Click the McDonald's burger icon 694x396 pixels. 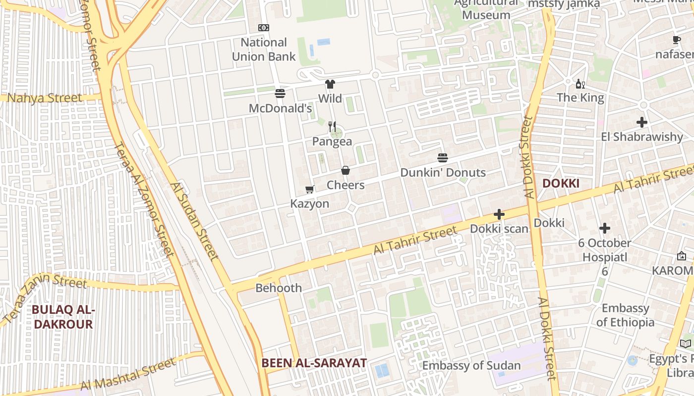280,94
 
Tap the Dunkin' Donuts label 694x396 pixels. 443,173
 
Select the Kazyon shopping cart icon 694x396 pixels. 310,189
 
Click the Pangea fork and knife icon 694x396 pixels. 332,127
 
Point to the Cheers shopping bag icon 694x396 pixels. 346,171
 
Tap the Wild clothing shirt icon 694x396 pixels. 330,84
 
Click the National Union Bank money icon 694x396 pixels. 264,28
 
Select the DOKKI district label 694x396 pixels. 561,184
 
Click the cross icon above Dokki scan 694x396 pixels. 499,215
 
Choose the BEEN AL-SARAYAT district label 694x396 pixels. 314,363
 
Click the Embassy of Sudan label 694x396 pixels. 471,366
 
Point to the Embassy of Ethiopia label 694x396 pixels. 625,315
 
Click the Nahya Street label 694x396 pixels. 45,98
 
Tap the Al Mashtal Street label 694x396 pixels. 128,375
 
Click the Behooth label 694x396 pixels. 279,288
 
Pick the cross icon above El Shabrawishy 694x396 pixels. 642,122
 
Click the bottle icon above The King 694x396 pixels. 580,84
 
